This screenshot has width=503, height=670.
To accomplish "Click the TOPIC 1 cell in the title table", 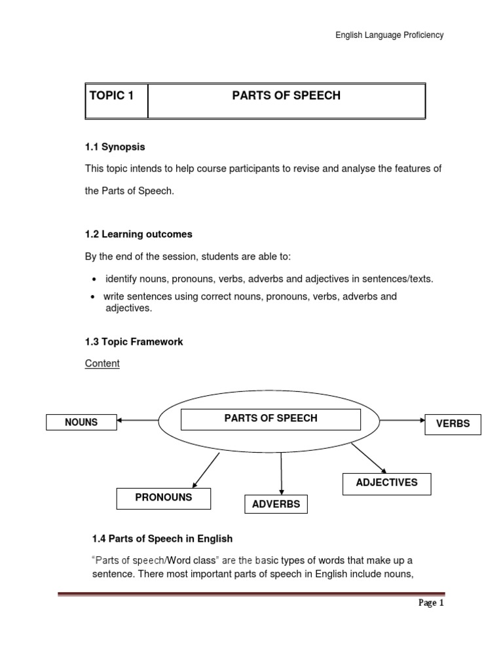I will tap(117, 100).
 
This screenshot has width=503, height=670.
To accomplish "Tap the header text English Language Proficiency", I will tap(390, 35).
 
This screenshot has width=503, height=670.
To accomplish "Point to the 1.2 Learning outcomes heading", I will tap(139, 234).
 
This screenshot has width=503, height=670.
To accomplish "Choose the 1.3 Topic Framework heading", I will tap(134, 342).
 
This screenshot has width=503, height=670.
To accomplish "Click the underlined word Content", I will tap(102, 363).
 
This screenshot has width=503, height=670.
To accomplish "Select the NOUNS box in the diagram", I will tap(81, 423).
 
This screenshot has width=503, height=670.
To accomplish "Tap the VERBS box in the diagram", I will tap(453, 424).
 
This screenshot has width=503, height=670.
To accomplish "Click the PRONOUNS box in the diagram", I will tap(164, 498).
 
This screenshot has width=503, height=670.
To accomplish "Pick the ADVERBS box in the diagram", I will tap(276, 504).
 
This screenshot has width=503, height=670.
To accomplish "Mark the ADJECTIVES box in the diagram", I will tap(386, 483).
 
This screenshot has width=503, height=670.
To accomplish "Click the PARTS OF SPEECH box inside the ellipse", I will tap(270, 419).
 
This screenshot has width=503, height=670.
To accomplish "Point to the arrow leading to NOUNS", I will tap(138, 421).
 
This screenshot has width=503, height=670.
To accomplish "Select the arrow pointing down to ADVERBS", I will tap(282, 472).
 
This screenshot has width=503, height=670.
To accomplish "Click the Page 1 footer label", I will tap(431, 604).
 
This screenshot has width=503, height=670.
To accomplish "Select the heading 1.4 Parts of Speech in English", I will tap(162, 539).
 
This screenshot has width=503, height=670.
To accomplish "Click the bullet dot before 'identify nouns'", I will tap(96, 279).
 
